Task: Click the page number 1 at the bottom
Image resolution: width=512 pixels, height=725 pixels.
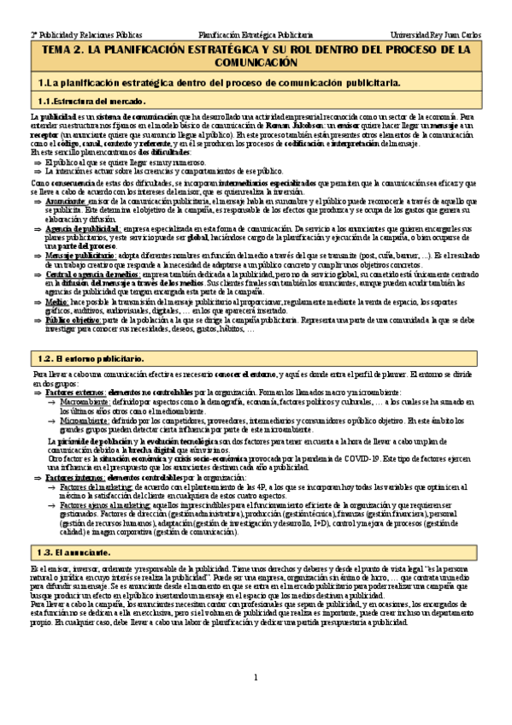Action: tap(256, 703)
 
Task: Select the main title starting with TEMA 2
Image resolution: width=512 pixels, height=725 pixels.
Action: tap(256, 57)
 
